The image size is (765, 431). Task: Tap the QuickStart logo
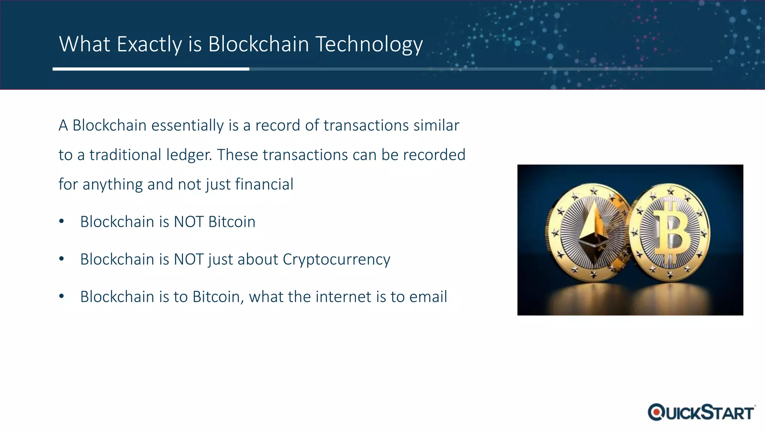(x=701, y=412)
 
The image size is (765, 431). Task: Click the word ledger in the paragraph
(x=189, y=155)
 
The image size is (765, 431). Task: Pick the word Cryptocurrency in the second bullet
(x=336, y=259)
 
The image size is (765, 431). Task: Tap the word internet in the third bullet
(x=344, y=297)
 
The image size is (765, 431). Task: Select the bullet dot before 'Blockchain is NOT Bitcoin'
(x=62, y=221)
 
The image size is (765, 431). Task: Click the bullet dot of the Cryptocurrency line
(x=62, y=259)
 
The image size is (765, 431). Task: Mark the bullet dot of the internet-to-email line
(x=62, y=296)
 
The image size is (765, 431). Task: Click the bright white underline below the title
(x=151, y=69)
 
